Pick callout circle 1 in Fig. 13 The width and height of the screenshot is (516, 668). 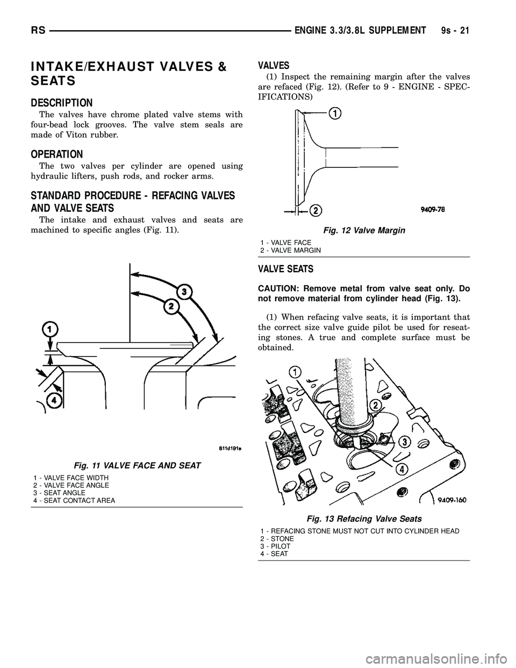pos(294,372)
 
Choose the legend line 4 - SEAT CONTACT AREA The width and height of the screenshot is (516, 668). pos(74,500)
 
